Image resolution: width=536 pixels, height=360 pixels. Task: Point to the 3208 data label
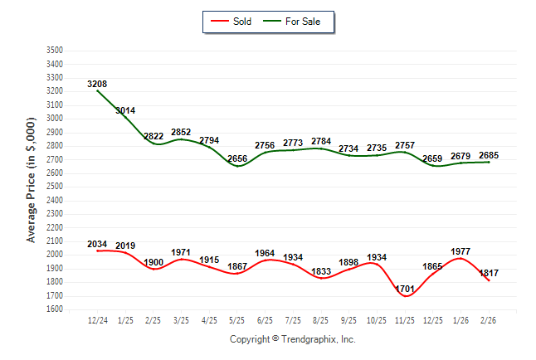(x=97, y=84)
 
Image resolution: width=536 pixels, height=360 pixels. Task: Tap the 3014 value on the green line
(x=125, y=110)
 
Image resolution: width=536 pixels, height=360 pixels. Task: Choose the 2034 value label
(x=97, y=244)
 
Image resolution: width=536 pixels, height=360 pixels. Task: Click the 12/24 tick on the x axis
(x=97, y=319)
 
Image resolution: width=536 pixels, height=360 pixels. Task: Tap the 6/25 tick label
(x=266, y=319)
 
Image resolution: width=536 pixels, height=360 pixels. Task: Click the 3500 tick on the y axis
(x=55, y=51)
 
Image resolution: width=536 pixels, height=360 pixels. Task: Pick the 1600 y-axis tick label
(x=55, y=309)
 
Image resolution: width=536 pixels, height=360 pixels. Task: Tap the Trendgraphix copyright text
(x=292, y=339)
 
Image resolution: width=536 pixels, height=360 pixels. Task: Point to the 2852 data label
(x=181, y=132)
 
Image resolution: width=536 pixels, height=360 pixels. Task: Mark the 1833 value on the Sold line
(x=321, y=271)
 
